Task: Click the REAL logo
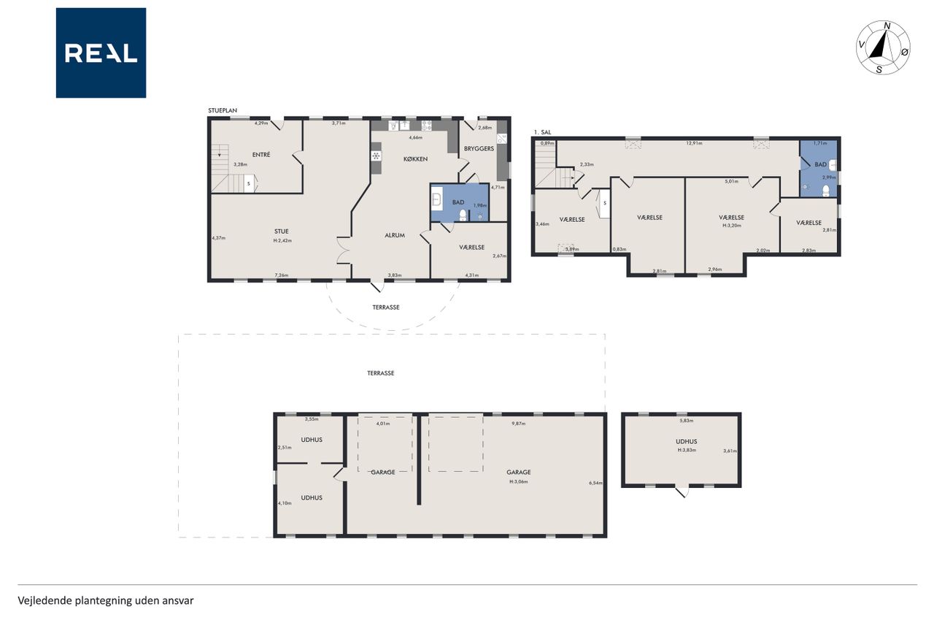click(x=101, y=53)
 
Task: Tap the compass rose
click(x=883, y=47)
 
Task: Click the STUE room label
click(x=282, y=232)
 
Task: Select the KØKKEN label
click(x=415, y=159)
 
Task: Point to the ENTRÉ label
click(x=261, y=154)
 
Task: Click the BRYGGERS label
click(x=479, y=148)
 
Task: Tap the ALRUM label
click(x=395, y=235)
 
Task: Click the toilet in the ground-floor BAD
click(x=463, y=215)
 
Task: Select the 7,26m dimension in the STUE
click(x=281, y=275)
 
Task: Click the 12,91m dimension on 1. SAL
click(x=694, y=143)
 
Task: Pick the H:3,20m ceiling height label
click(x=732, y=226)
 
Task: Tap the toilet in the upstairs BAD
click(x=825, y=191)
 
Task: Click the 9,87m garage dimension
click(x=519, y=424)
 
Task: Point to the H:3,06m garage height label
click(x=519, y=481)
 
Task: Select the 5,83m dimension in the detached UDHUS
click(x=687, y=421)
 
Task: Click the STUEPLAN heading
click(x=223, y=110)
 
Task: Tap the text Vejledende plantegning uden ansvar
click(x=106, y=600)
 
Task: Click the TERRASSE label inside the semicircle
click(x=386, y=307)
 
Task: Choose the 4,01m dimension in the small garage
click(x=383, y=424)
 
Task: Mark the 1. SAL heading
click(x=542, y=132)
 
